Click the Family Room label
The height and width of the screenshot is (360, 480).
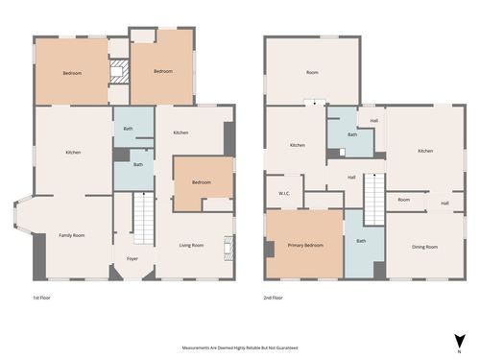pos(72,235)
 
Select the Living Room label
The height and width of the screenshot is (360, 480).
pos(191,246)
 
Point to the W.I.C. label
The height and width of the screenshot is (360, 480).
pos(284,192)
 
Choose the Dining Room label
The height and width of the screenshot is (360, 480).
pos(424,247)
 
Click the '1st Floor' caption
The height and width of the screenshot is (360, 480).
pos(42,299)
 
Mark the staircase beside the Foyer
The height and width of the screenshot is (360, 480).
pos(142,218)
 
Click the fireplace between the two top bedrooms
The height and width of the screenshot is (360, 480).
pos(118,72)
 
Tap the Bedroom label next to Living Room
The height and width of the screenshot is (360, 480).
pos(201,182)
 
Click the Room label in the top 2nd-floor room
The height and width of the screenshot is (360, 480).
pos(312,72)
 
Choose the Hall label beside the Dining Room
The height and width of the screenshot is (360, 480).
pos(444,203)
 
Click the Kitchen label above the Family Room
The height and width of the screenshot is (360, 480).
pos(73,152)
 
